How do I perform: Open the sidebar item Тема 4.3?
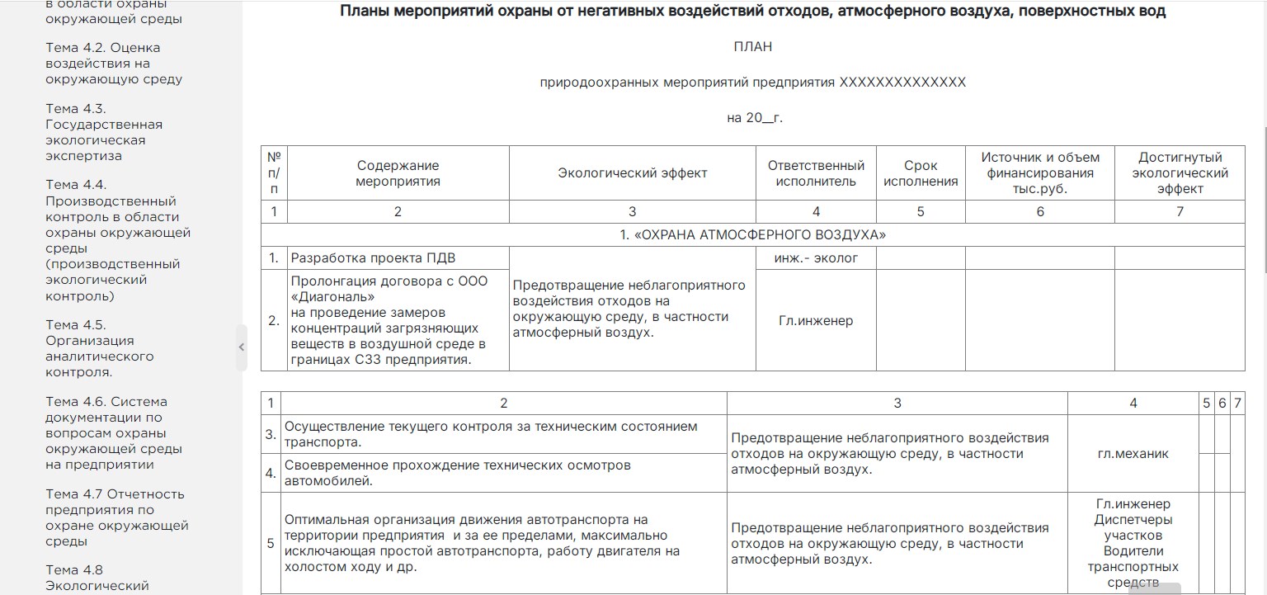click(104, 132)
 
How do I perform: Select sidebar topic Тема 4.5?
click(100, 348)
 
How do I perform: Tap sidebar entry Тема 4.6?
click(106, 432)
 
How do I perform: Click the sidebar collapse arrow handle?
click(242, 347)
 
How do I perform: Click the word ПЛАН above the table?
click(752, 47)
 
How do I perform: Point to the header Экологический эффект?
click(632, 173)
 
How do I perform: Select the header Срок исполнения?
click(921, 173)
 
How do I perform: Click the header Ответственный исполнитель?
click(816, 173)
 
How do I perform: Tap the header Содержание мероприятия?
click(398, 173)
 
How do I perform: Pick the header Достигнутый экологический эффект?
click(1180, 173)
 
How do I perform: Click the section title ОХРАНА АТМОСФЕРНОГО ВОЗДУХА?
click(752, 235)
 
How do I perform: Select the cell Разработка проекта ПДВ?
click(373, 258)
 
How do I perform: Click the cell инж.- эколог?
click(816, 258)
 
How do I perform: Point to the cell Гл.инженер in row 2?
click(816, 320)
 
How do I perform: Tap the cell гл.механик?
click(1133, 454)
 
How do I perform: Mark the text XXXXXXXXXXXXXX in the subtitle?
click(902, 83)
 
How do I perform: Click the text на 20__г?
click(754, 118)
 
